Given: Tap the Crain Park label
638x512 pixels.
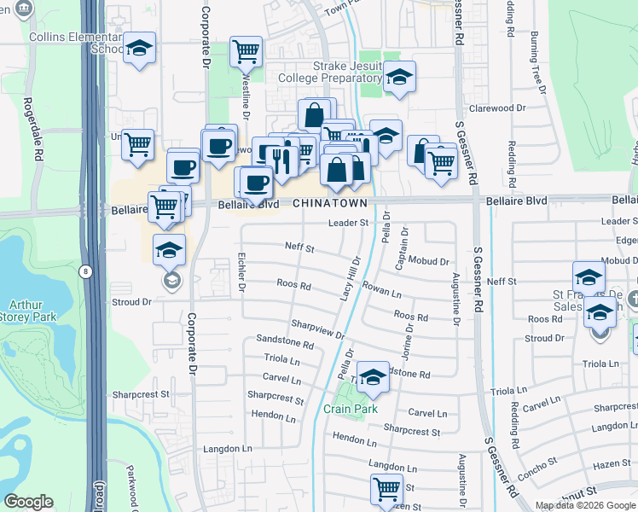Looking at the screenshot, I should click(351, 409).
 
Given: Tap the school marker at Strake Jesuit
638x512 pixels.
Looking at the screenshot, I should click(398, 79).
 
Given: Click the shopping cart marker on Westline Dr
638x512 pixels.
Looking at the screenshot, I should click(246, 52).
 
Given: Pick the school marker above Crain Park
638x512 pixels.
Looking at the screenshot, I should click(373, 378).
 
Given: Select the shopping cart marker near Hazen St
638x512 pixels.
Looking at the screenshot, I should click(386, 490).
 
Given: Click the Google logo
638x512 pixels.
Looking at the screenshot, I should click(29, 502).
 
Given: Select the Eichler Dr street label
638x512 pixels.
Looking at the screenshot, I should click(242, 272).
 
